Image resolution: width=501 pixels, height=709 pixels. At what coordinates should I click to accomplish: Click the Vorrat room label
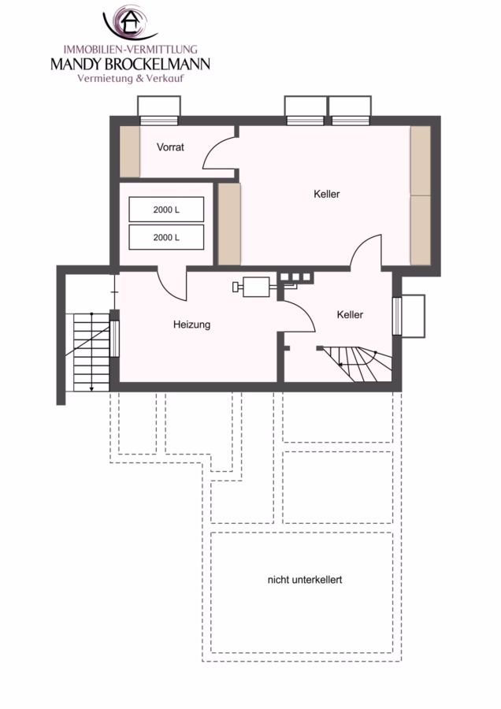tap(170, 147)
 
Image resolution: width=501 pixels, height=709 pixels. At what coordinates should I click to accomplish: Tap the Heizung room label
tap(191, 325)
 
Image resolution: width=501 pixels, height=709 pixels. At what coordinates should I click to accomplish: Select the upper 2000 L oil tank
tap(166, 210)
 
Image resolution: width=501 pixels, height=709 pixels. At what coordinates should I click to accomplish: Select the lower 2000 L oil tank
tap(166, 237)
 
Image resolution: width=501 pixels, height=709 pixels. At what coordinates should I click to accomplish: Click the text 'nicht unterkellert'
tap(305, 580)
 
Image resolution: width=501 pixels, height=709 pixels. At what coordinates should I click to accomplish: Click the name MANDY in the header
tap(76, 64)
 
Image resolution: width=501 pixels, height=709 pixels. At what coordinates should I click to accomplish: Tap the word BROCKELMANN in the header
tap(158, 64)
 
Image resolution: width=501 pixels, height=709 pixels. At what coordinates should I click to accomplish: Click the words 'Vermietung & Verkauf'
tap(131, 78)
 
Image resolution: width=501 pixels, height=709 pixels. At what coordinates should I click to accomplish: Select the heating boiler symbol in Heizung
tap(252, 287)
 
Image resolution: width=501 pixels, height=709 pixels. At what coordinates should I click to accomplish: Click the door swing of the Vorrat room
tap(218, 153)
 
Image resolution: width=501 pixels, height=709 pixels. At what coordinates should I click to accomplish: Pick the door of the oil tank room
tap(172, 285)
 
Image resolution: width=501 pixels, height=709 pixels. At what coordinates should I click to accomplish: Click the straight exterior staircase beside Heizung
tap(91, 352)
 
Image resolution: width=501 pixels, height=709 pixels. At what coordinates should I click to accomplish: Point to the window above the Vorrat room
tap(158, 121)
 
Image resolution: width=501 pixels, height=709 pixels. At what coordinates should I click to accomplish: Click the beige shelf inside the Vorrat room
tap(129, 151)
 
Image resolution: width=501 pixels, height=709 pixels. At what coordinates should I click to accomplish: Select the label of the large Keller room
tap(326, 194)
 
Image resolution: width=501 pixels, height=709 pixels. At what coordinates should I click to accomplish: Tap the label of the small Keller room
tap(350, 314)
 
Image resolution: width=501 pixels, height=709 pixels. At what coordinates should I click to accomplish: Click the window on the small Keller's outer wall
tap(396, 316)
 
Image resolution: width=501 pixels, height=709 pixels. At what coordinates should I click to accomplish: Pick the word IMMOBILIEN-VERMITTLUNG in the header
tap(131, 50)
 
